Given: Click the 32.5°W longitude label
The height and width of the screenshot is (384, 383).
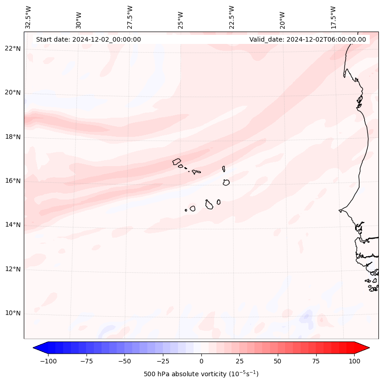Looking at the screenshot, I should (28, 17).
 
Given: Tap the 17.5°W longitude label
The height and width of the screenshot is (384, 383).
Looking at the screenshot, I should (333, 17).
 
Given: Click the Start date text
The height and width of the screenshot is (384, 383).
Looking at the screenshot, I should (88, 39).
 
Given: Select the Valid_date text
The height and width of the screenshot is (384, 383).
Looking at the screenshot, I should (307, 39).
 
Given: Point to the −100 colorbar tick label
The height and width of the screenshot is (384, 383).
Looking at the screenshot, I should (48, 361).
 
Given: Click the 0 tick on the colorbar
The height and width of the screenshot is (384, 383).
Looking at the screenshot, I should (201, 361).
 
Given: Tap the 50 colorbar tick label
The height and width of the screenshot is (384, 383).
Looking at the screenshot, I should (278, 361).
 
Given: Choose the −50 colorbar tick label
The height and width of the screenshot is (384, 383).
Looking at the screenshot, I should (124, 361).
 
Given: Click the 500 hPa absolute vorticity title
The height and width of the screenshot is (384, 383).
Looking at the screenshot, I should (201, 374).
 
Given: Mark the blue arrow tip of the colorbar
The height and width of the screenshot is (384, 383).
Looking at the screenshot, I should (38, 348).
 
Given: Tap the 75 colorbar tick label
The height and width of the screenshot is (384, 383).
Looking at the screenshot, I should (316, 361).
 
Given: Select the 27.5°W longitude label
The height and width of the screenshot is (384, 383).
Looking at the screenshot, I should (130, 17).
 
